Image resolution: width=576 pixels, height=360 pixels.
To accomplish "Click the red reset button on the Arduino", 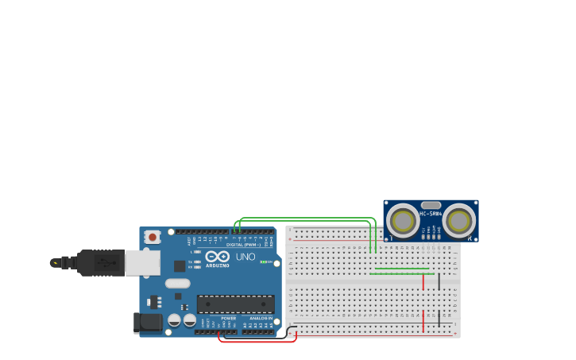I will pyautogui.click(x=152, y=237).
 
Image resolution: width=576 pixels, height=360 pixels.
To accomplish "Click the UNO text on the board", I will pyautogui.click(x=245, y=257).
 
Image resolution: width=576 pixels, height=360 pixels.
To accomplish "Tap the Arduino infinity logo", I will pyautogui.click(x=217, y=256).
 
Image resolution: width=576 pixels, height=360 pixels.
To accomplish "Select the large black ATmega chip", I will pyautogui.click(x=235, y=304).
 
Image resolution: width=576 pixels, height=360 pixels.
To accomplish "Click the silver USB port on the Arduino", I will pyautogui.click(x=142, y=262).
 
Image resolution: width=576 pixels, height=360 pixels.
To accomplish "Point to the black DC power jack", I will pyautogui.click(x=148, y=322).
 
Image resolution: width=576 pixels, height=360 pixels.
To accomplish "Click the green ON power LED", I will pyautogui.click(x=263, y=261).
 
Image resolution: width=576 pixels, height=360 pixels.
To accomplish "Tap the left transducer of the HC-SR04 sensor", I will pyautogui.click(x=403, y=220).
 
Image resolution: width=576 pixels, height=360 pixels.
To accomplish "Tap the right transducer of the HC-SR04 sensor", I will pyautogui.click(x=459, y=220).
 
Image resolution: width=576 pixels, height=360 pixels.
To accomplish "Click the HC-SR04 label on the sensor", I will pyautogui.click(x=431, y=214).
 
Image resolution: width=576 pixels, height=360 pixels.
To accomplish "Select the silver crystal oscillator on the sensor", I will pyautogui.click(x=431, y=205).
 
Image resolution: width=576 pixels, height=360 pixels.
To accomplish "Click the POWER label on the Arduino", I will pyautogui.click(x=228, y=318).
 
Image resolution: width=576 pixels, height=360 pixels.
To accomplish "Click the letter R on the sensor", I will pyautogui.click(x=470, y=238).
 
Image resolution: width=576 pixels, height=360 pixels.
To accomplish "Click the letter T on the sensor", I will pyautogui.click(x=390, y=238).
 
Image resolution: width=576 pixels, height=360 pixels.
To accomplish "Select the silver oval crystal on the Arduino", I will pyautogui.click(x=178, y=283).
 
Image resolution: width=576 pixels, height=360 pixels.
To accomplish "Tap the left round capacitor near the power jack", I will pyautogui.click(x=174, y=320).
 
